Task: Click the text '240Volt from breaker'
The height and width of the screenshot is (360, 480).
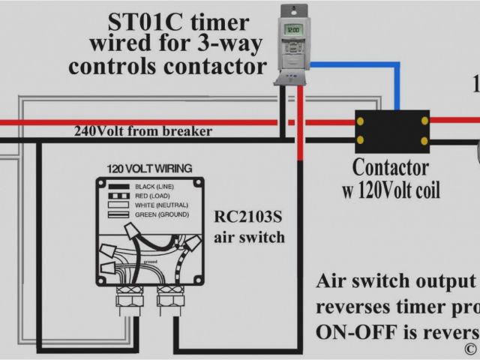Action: tap(142, 131)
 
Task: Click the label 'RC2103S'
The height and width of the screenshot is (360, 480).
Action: tap(250, 217)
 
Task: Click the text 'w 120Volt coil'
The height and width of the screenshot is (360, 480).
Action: tap(391, 190)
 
